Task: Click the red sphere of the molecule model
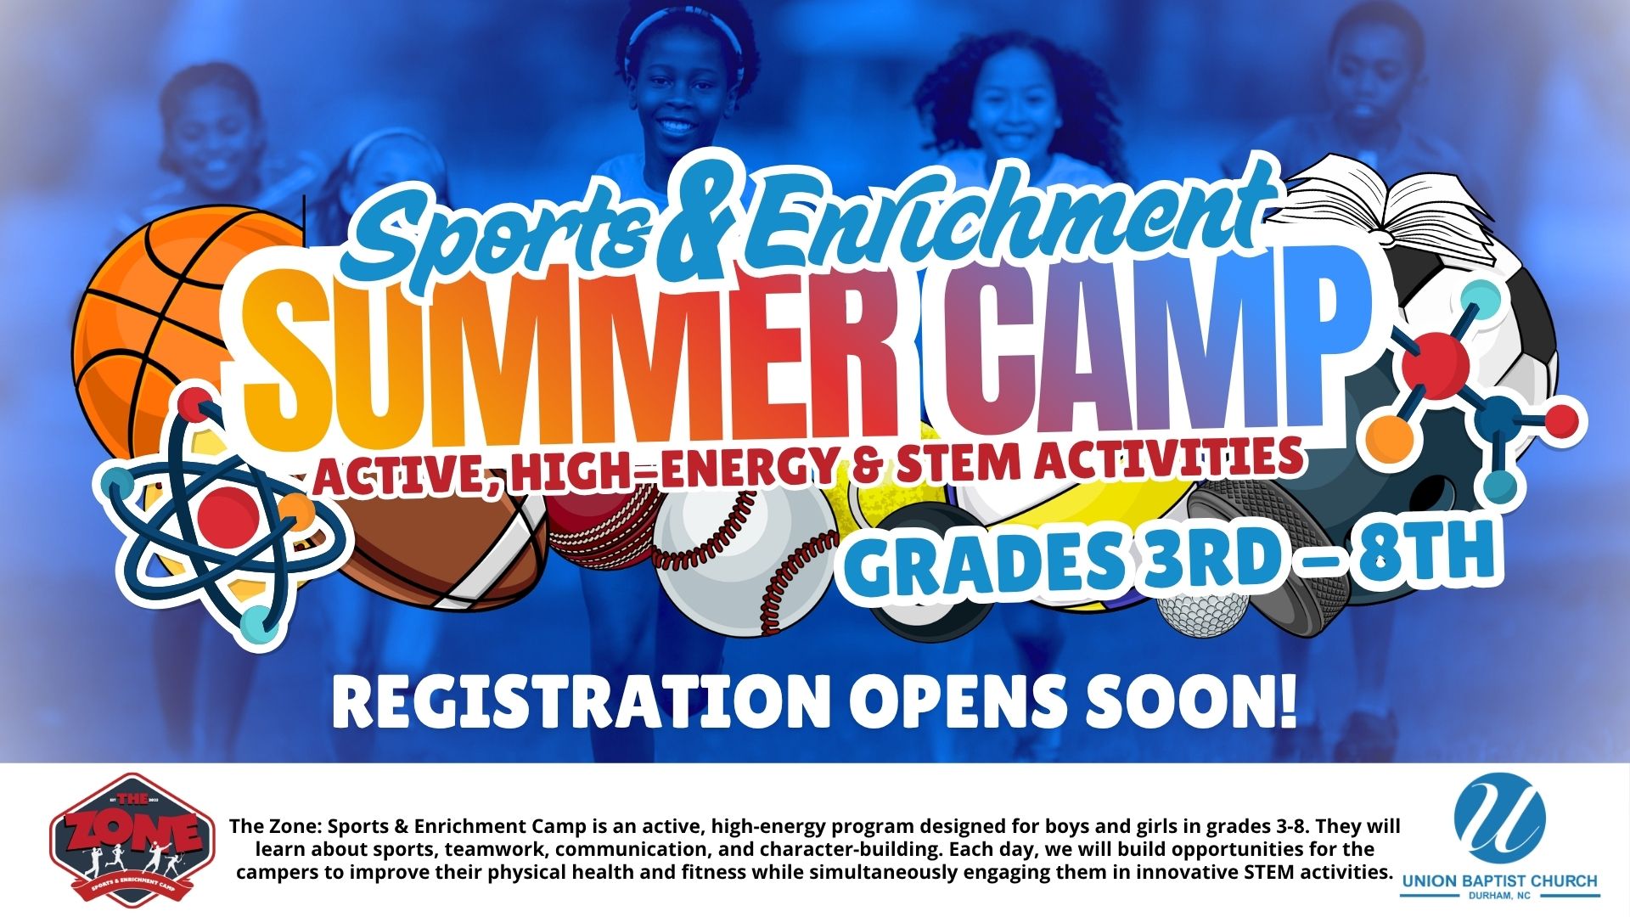point(1435,360)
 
